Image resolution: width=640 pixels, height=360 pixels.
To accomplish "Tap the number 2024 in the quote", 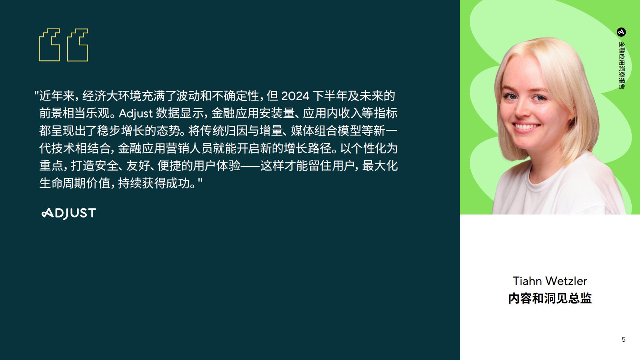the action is point(295,96).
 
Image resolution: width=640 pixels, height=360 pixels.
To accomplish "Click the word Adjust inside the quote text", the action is point(136,114).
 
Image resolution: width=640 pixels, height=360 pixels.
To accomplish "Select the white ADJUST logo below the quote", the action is point(69,213).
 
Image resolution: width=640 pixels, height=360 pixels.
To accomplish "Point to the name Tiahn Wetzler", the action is point(550,281).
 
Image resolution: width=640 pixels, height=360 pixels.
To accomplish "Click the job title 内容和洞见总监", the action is point(550,298).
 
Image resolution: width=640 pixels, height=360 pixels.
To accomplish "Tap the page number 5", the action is point(623,339).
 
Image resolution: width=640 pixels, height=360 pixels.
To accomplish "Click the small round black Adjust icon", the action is point(621,32).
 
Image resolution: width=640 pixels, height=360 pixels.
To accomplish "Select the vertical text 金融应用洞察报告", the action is point(621,65).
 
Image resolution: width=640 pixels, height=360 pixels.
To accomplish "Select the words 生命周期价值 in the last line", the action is point(75,183).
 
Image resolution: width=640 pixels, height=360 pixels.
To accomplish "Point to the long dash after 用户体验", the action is point(251,166).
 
